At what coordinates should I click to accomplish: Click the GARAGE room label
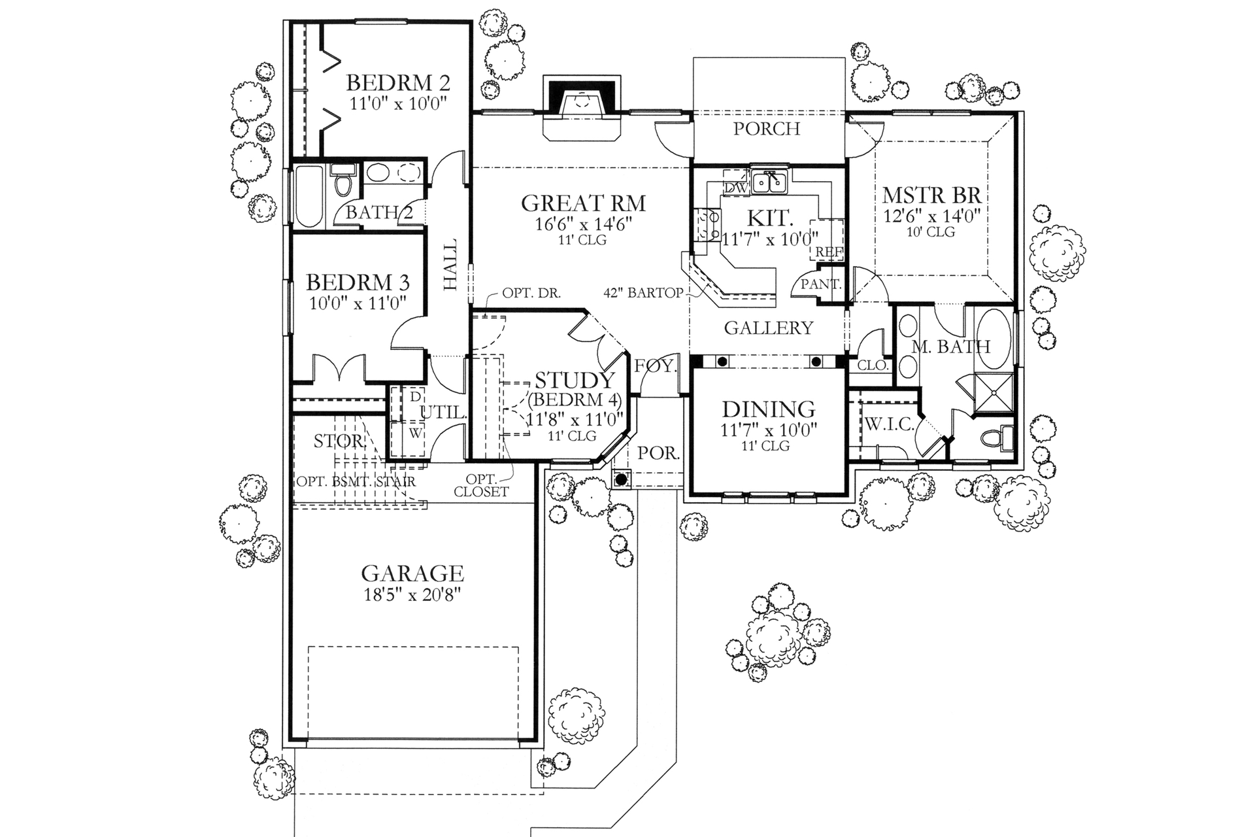pyautogui.click(x=412, y=573)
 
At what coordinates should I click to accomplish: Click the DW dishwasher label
pyautogui.click(x=736, y=188)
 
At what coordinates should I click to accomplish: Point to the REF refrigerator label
pyautogui.click(x=829, y=252)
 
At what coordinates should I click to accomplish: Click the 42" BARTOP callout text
pyautogui.click(x=643, y=293)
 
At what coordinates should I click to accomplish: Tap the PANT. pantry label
pyautogui.click(x=821, y=284)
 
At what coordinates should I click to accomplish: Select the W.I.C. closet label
pyautogui.click(x=890, y=424)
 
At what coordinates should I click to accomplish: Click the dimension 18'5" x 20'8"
pyautogui.click(x=412, y=595)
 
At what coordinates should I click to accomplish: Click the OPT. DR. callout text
pyautogui.click(x=531, y=293)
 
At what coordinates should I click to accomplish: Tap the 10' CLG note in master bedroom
pyautogui.click(x=931, y=232)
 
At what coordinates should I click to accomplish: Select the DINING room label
pyautogui.click(x=769, y=409)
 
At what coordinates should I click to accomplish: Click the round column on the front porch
pyautogui.click(x=622, y=479)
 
